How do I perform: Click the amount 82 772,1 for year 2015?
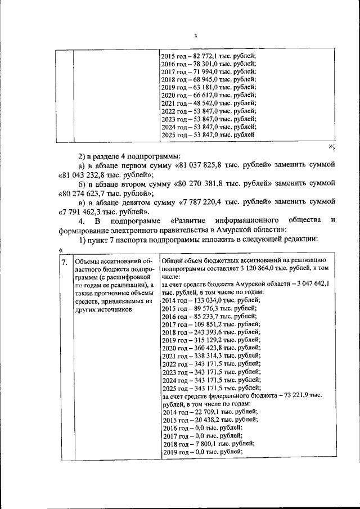[198, 56]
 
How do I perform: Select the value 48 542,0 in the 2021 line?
[198, 103]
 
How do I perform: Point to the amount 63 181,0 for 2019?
[198, 88]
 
